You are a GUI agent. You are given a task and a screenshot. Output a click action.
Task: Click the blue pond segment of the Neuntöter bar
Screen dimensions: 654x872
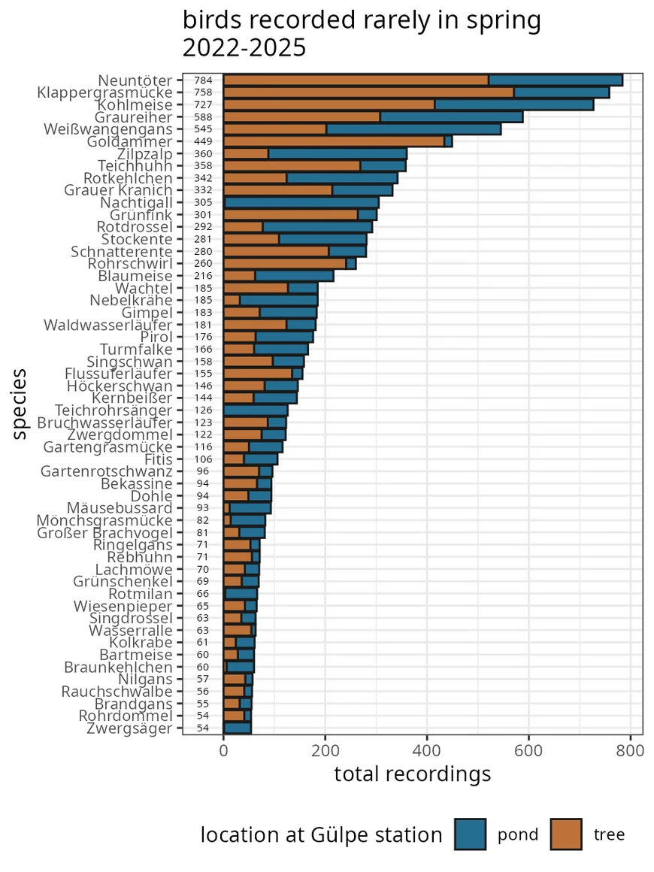click(x=556, y=80)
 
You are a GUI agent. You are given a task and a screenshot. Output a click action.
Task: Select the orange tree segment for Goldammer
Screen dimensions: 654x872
click(x=334, y=141)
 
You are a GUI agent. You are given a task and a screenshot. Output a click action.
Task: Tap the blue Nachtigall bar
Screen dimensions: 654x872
click(x=301, y=202)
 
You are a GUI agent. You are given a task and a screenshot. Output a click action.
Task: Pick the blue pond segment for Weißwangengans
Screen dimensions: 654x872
click(x=413, y=129)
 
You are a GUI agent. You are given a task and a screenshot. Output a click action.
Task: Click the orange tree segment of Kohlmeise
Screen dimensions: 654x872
click(x=329, y=104)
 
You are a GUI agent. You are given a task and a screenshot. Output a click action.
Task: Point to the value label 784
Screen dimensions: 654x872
click(x=204, y=80)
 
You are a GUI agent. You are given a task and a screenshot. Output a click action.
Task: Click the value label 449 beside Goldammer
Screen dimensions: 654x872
click(x=204, y=141)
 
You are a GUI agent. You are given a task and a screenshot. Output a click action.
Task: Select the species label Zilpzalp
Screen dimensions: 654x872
click(x=144, y=154)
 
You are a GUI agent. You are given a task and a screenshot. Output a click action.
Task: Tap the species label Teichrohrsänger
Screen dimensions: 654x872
click(x=114, y=410)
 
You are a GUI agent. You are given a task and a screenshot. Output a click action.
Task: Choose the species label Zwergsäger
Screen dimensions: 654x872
click(x=129, y=728)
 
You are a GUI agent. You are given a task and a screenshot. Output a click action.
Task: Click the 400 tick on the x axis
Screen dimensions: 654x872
click(x=427, y=751)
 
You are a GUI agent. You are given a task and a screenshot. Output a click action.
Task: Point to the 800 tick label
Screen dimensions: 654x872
click(x=630, y=751)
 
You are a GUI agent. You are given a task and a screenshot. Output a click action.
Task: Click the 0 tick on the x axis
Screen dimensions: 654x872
click(x=223, y=751)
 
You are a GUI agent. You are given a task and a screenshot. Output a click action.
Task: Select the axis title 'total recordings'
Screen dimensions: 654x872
click(x=413, y=774)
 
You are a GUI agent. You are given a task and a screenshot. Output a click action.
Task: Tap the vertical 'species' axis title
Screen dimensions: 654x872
click(x=20, y=404)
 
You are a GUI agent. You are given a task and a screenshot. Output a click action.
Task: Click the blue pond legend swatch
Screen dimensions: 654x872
click(x=470, y=834)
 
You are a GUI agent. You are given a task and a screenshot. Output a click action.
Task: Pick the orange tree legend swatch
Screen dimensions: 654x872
click(x=566, y=834)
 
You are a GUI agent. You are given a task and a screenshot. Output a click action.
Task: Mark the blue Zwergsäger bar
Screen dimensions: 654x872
click(x=238, y=728)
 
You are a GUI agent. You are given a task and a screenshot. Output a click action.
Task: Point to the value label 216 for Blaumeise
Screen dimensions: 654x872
click(x=204, y=276)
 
